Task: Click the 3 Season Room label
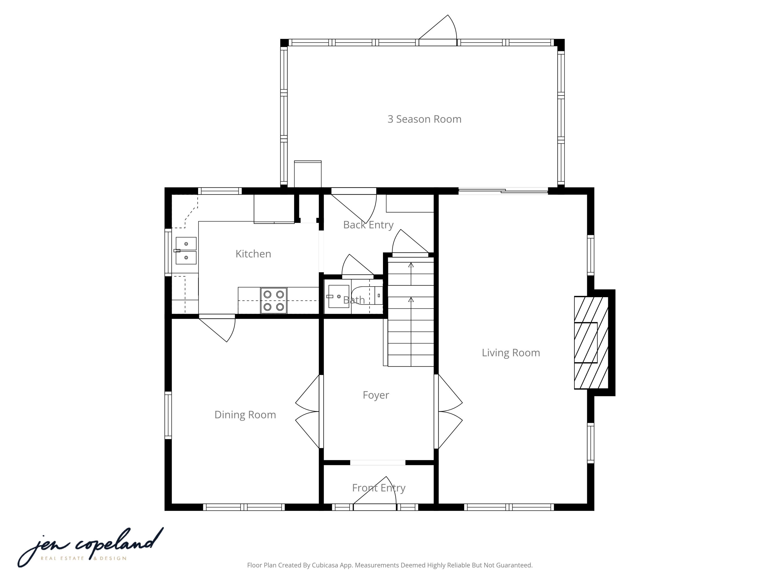click(x=424, y=119)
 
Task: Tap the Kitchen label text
click(x=253, y=254)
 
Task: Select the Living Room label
click(x=511, y=353)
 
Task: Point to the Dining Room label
click(x=245, y=415)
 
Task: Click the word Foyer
click(x=375, y=395)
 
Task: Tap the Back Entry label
click(x=368, y=225)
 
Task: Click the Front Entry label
click(x=378, y=488)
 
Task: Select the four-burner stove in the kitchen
click(x=274, y=301)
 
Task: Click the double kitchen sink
click(x=186, y=251)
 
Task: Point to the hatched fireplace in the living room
click(x=591, y=342)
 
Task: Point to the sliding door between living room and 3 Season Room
click(x=503, y=191)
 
